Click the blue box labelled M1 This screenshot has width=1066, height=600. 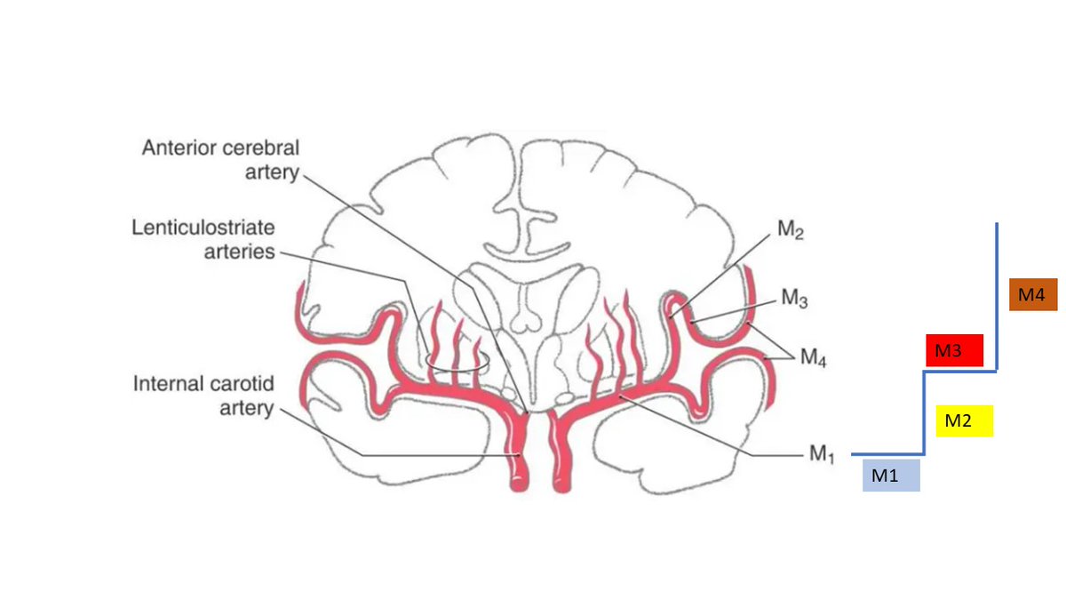pyautogui.click(x=891, y=476)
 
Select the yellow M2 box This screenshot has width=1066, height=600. pyautogui.click(x=964, y=420)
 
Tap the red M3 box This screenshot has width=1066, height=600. pyautogui.click(x=953, y=350)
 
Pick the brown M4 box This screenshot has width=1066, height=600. pyautogui.click(x=1032, y=294)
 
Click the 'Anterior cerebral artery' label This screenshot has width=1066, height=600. pyautogui.click(x=220, y=159)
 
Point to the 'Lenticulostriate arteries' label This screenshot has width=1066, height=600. pyautogui.click(x=203, y=239)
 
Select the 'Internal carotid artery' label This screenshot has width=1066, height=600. pyautogui.click(x=203, y=396)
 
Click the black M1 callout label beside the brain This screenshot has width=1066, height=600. pyautogui.click(x=822, y=454)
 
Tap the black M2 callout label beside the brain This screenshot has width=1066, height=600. pyautogui.click(x=792, y=231)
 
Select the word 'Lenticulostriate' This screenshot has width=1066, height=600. pyautogui.click(x=203, y=227)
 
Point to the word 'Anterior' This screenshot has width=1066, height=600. pyautogui.click(x=180, y=148)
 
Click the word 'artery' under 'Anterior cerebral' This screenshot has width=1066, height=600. pyautogui.click(x=272, y=172)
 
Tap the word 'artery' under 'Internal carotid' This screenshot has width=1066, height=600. pyautogui.click(x=246, y=409)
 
